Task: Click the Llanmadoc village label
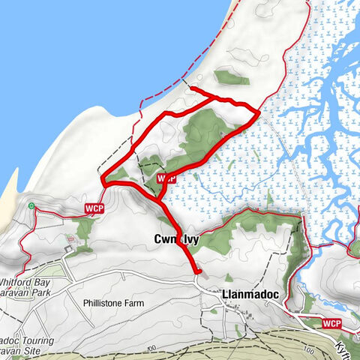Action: coord(250,295)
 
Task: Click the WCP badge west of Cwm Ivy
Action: coord(94,207)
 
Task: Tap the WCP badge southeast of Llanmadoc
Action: coord(333,323)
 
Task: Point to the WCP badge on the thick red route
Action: coord(166,178)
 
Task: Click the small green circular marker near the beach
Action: coord(31,205)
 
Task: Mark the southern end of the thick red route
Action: coord(199,271)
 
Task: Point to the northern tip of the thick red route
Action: coord(192,89)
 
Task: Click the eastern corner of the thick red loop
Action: coord(259,112)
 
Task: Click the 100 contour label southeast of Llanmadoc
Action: coord(306,349)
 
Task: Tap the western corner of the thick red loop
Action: coord(103,181)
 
